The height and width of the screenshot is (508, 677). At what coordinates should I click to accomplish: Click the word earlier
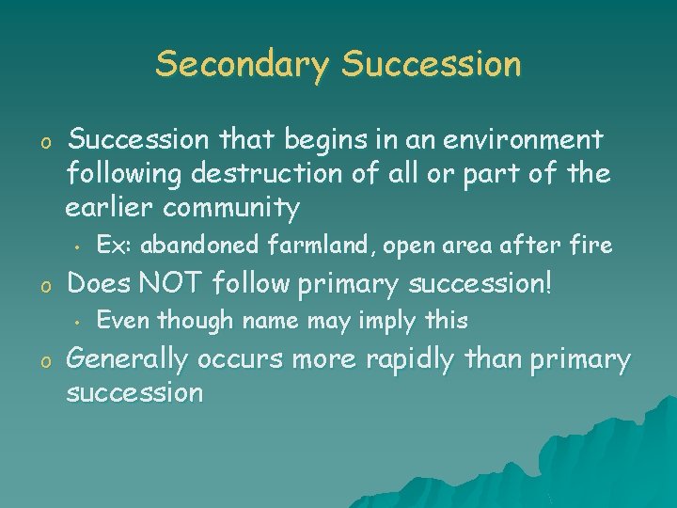(x=103, y=207)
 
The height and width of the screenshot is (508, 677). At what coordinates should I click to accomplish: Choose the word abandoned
(x=194, y=246)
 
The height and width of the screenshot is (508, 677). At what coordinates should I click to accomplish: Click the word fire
(x=592, y=246)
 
